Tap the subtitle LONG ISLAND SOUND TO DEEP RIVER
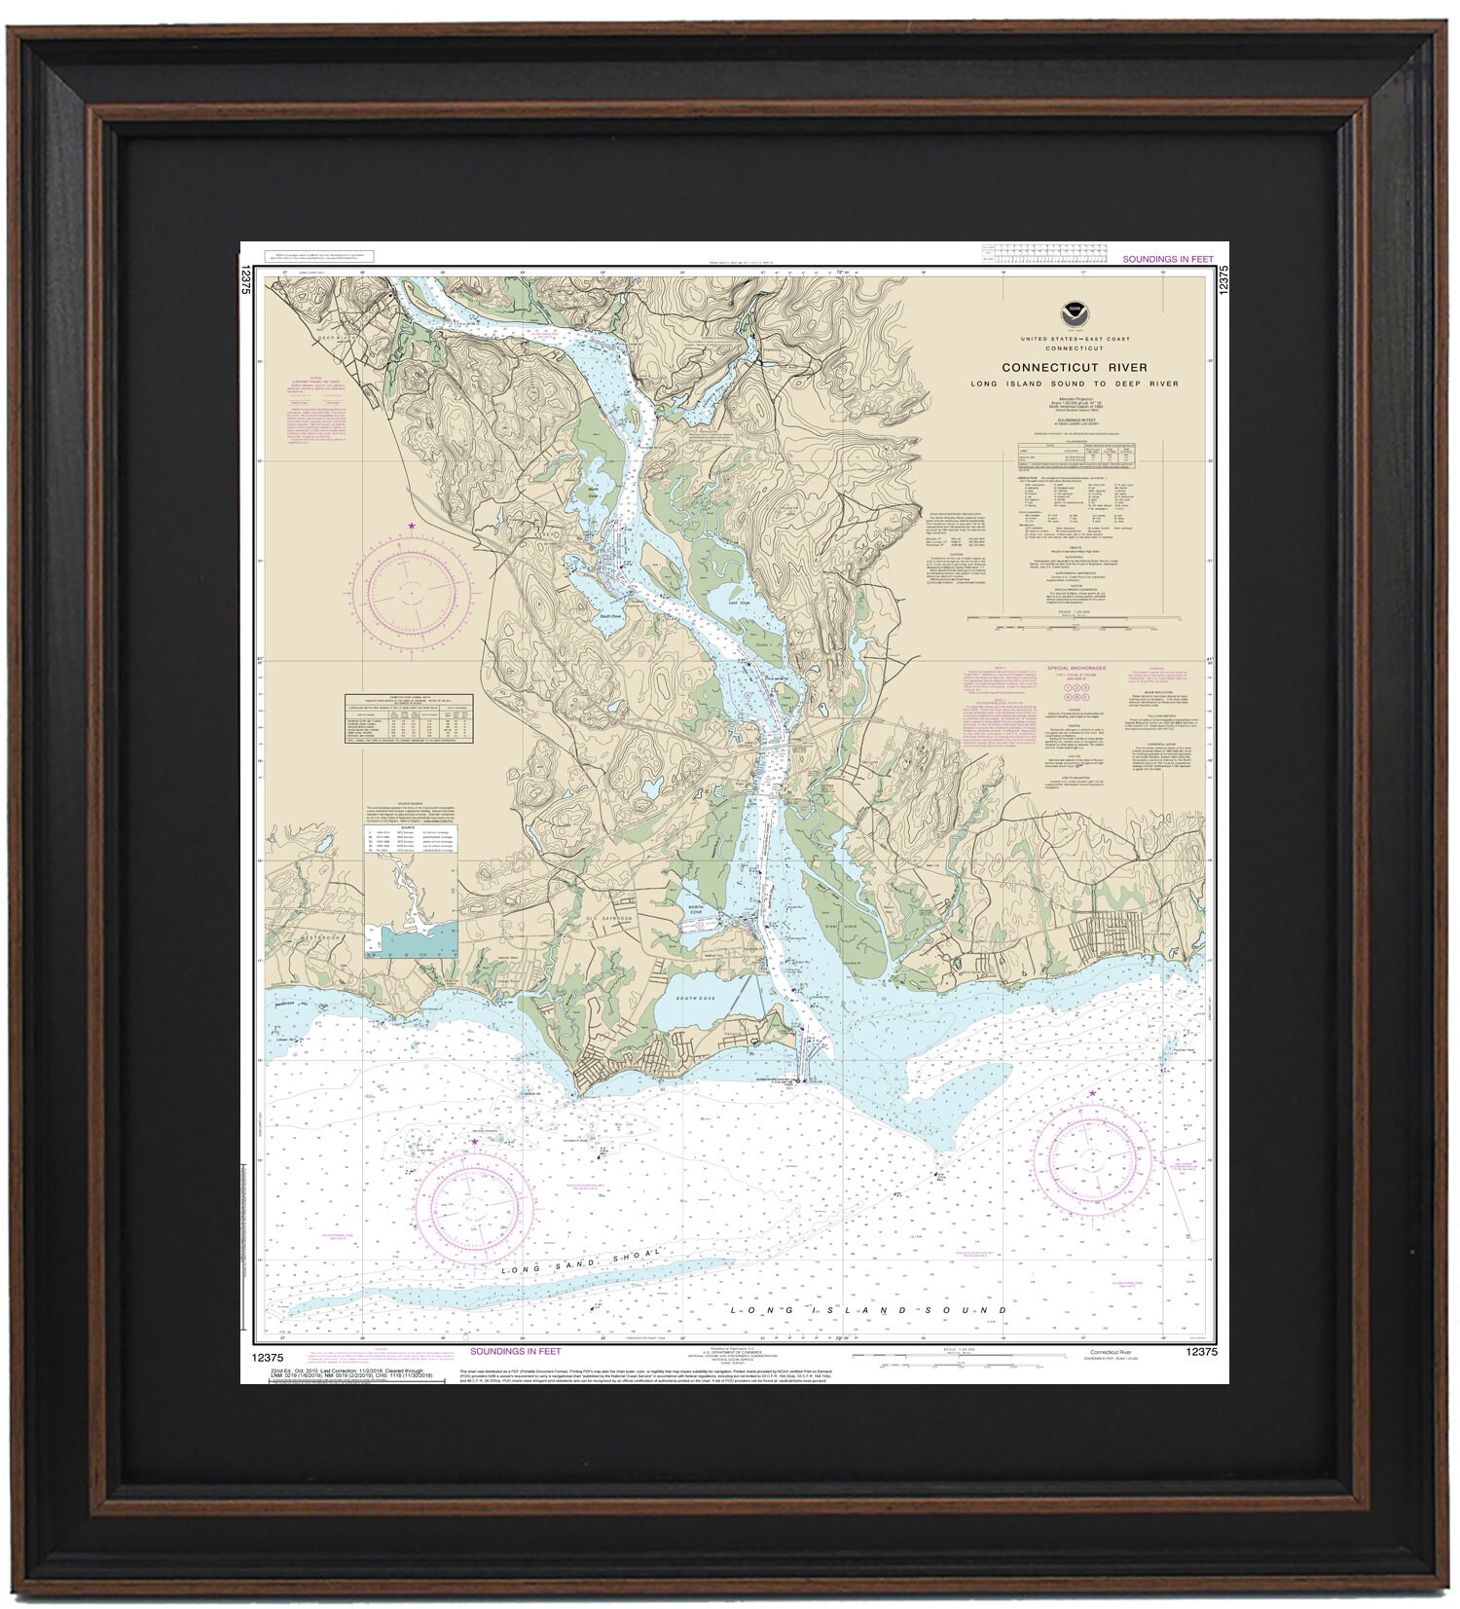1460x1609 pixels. point(1074,384)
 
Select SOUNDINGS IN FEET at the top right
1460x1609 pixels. point(1168,260)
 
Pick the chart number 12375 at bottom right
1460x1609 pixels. point(1203,1352)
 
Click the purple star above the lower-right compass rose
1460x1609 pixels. point(1092,1094)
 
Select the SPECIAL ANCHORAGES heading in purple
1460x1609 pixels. point(1077,669)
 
